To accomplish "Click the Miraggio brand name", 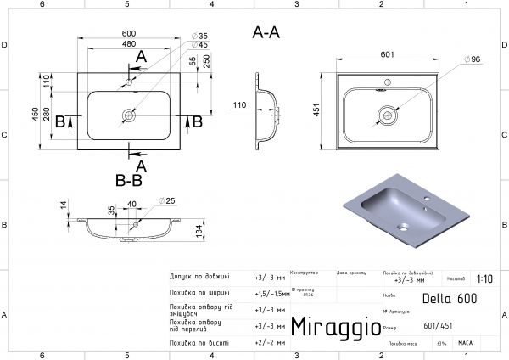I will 330,327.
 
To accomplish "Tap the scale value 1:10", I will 484,278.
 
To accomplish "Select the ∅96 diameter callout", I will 473,59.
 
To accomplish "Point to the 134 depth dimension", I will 221,232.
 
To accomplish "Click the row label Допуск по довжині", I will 199,277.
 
